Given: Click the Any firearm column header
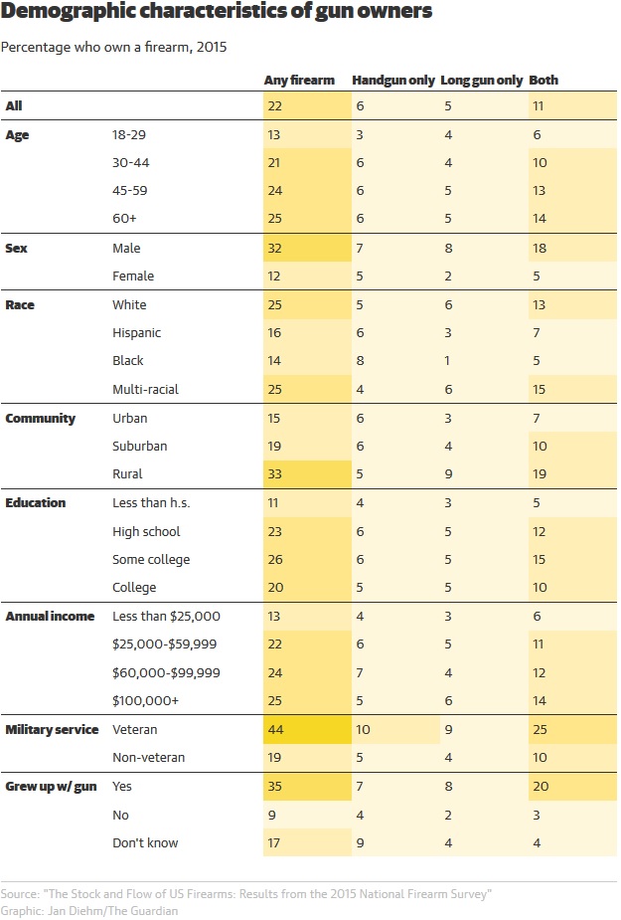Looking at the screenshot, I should click(299, 80).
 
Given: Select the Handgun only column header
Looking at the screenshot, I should click(391, 80).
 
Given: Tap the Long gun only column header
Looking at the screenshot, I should click(481, 80).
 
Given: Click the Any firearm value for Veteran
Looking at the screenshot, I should click(274, 729).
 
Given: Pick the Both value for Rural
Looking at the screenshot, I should click(539, 474).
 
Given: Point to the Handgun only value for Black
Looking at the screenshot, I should click(360, 361).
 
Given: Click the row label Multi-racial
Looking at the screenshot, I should click(146, 389).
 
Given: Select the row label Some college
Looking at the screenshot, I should click(151, 560).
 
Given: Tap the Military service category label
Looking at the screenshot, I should click(52, 729).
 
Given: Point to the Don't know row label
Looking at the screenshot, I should click(146, 842).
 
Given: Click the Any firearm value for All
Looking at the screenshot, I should click(273, 105).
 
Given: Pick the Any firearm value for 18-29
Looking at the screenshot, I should click(273, 134).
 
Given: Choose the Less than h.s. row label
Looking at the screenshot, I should click(151, 503).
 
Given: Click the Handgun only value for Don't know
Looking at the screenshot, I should click(360, 842).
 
